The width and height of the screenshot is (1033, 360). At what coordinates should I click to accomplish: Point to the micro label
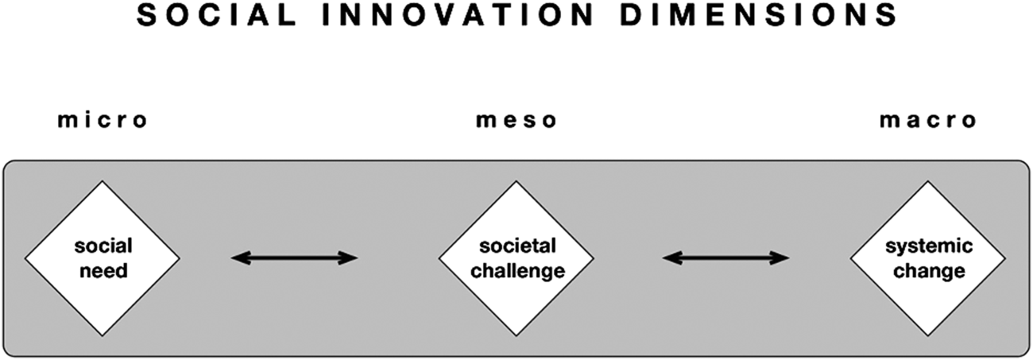[x=103, y=121]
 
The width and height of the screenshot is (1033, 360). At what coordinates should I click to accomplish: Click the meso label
[x=516, y=121]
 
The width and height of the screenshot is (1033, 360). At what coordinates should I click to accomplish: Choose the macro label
[x=927, y=121]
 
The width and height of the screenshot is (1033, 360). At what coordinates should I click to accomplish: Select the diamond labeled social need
[x=103, y=258]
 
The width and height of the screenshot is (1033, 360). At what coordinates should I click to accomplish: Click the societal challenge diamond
[x=516, y=258]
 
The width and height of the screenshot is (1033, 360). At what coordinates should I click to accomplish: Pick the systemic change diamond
[x=928, y=258]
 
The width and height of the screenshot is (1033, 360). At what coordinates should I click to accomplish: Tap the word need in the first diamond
[x=103, y=271]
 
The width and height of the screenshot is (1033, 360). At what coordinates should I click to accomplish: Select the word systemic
[x=928, y=247]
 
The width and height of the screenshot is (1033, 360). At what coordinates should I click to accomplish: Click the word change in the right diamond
[x=928, y=271]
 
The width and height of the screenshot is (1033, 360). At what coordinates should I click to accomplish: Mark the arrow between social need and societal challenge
[x=294, y=257]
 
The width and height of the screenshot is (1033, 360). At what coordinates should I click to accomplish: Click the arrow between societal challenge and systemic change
[x=725, y=257]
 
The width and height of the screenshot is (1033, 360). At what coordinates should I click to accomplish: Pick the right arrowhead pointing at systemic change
[x=782, y=257]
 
